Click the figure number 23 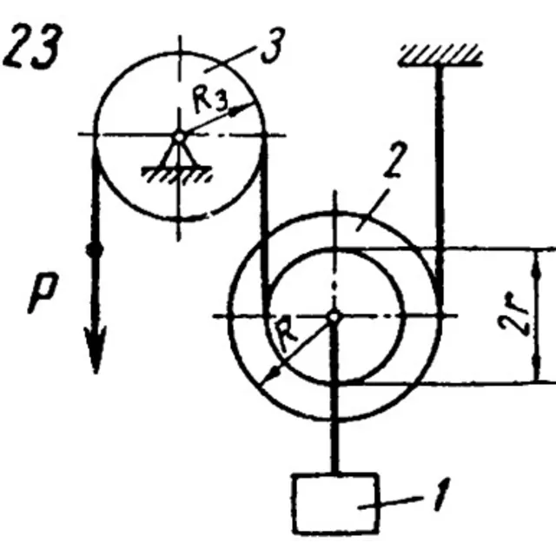pyautogui.click(x=33, y=46)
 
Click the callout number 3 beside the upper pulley pyautogui.click(x=273, y=45)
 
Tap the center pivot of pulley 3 pyautogui.click(x=180, y=136)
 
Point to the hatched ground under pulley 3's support pyautogui.click(x=177, y=175)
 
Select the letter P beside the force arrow pyautogui.click(x=43, y=293)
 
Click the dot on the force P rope pyautogui.click(x=95, y=249)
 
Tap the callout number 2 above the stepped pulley pyautogui.click(x=395, y=160)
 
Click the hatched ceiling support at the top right pyautogui.click(x=440, y=56)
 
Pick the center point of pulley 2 pyautogui.click(x=334, y=316)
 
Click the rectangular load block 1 pyautogui.click(x=336, y=503)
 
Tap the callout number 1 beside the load pyautogui.click(x=442, y=494)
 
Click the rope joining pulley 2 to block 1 pyautogui.click(x=334, y=394)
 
